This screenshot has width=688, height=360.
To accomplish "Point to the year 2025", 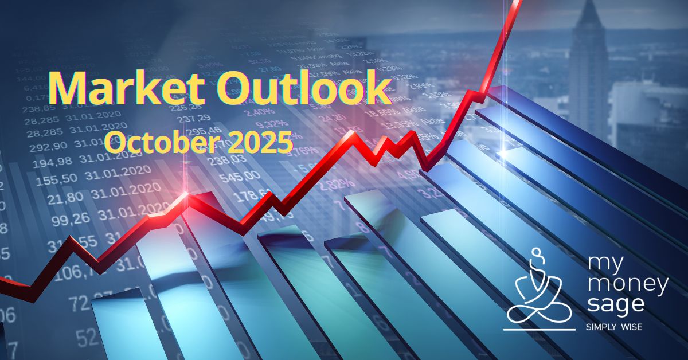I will [x=261, y=140].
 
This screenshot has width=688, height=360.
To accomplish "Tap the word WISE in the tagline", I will [x=629, y=327].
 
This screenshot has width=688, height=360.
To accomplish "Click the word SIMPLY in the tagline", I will [x=600, y=327].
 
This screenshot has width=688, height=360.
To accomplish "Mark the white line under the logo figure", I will [x=539, y=330].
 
